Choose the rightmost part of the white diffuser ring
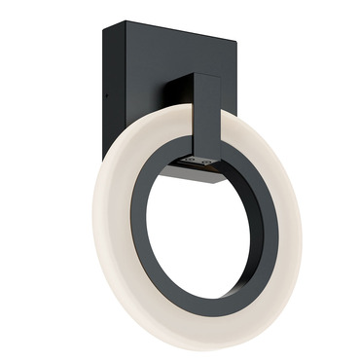coord(297,234)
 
